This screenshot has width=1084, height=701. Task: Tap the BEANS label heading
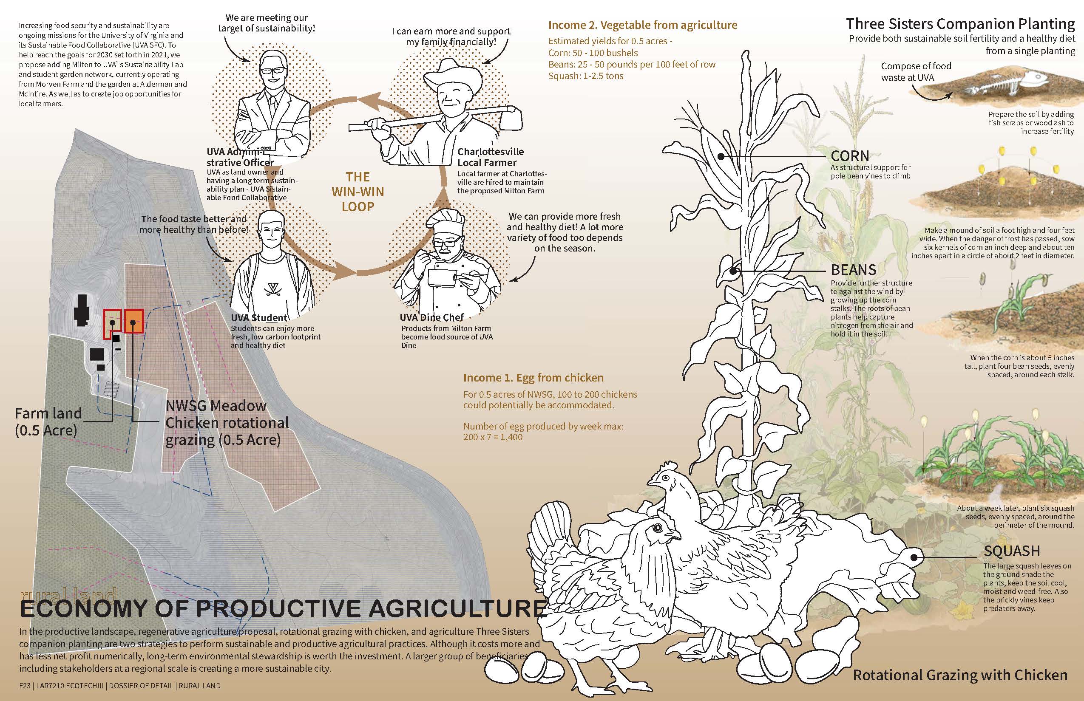click(854, 269)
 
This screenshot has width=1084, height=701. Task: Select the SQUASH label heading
click(1012, 551)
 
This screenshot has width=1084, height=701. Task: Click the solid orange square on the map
click(134, 321)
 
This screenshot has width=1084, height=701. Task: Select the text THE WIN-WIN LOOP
click(358, 192)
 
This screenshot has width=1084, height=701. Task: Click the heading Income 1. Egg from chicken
click(533, 377)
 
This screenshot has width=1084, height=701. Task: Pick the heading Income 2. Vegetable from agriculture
click(643, 25)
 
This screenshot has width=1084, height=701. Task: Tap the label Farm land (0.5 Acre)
click(48, 421)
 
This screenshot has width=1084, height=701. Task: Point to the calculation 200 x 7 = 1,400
click(493, 437)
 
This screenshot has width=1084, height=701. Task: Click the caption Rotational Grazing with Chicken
click(960, 675)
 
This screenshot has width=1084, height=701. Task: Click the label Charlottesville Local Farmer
click(491, 157)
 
